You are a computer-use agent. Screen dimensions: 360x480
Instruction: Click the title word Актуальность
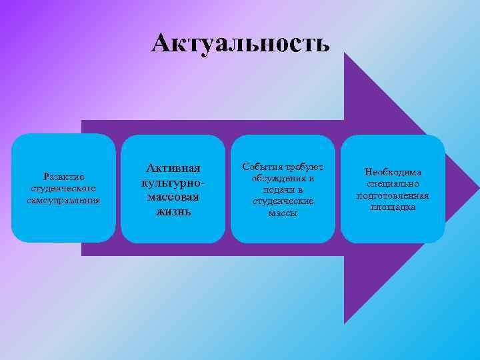pyautogui.click(x=240, y=44)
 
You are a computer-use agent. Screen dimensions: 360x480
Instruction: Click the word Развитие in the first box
pyautogui.click(x=63, y=177)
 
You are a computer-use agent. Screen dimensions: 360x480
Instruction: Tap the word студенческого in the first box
pyautogui.click(x=63, y=188)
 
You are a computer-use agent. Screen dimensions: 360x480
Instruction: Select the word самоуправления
pyautogui.click(x=63, y=199)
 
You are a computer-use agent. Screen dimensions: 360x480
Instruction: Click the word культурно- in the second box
pyautogui.click(x=172, y=182)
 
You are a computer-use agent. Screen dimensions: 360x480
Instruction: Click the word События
pyautogui.click(x=262, y=167)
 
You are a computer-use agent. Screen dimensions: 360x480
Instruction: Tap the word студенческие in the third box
pyautogui.click(x=283, y=201)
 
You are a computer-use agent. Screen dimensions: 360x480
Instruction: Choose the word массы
pyautogui.click(x=283, y=213)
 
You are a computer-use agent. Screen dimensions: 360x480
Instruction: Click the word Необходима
pyautogui.click(x=393, y=172)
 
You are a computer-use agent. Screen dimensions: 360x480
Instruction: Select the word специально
pyautogui.click(x=393, y=184)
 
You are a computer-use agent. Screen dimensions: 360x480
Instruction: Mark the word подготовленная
pyautogui.click(x=393, y=195)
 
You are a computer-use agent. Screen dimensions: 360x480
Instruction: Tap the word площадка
pyautogui.click(x=393, y=207)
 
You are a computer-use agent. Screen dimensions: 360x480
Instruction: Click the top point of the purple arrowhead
pyautogui.click(x=345, y=53)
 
